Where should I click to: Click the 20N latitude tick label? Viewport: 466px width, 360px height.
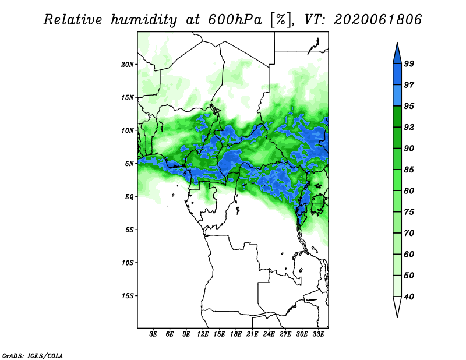(x=128, y=64)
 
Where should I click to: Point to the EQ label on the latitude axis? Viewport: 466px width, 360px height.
(x=129, y=196)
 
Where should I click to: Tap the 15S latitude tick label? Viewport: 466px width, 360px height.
(x=128, y=296)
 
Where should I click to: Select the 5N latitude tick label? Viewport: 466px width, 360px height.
(x=129, y=164)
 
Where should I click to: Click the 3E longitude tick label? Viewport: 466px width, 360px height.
(x=153, y=334)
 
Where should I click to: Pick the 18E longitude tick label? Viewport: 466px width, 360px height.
(x=236, y=334)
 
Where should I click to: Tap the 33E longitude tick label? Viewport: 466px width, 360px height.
(x=318, y=334)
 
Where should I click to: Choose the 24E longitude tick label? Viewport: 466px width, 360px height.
(x=269, y=334)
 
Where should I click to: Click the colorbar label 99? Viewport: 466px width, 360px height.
(x=409, y=63)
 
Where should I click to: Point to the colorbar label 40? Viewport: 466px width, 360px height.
(x=409, y=297)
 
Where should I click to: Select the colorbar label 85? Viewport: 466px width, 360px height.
(x=409, y=170)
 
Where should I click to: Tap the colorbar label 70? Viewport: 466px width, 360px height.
(x=409, y=233)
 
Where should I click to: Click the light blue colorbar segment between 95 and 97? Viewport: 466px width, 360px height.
(x=397, y=96)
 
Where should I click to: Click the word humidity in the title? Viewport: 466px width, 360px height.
(x=144, y=20)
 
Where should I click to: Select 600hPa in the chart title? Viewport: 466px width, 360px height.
(x=235, y=20)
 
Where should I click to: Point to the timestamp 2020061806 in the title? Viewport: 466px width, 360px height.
(x=377, y=20)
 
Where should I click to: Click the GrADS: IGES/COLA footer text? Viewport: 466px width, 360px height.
(x=33, y=355)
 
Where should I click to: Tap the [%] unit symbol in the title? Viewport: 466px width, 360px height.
(x=281, y=20)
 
